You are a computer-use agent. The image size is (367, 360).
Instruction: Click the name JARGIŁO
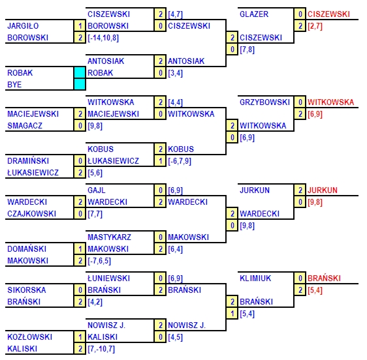(x=23, y=25)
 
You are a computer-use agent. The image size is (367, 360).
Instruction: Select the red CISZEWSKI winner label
(x=328, y=14)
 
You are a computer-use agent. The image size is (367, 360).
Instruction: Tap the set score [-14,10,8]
(x=103, y=38)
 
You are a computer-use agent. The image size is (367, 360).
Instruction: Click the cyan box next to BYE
(x=80, y=84)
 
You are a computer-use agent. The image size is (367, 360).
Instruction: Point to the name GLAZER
(x=254, y=14)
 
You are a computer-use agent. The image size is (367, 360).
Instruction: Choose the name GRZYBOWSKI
(x=264, y=102)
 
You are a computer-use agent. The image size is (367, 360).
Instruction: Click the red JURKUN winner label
(x=323, y=190)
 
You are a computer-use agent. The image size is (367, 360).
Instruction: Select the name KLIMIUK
(x=255, y=278)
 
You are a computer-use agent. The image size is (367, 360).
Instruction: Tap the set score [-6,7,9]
(x=180, y=161)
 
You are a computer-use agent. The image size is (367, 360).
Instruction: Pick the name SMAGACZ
(x=25, y=125)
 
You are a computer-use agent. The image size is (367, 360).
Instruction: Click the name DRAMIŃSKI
(x=28, y=161)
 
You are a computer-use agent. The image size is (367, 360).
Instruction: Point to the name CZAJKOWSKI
(x=31, y=214)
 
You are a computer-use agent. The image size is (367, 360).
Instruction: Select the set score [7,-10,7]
(x=101, y=349)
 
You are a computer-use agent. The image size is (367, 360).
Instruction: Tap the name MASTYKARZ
(x=109, y=237)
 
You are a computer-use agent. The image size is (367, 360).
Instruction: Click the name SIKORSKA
(x=27, y=290)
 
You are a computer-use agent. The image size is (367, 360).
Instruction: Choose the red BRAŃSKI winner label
(x=324, y=278)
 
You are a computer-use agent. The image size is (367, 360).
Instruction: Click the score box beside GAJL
(x=161, y=190)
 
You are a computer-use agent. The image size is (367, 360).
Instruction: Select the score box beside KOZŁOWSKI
(x=80, y=337)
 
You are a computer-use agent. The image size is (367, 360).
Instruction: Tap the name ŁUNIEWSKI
(x=108, y=278)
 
